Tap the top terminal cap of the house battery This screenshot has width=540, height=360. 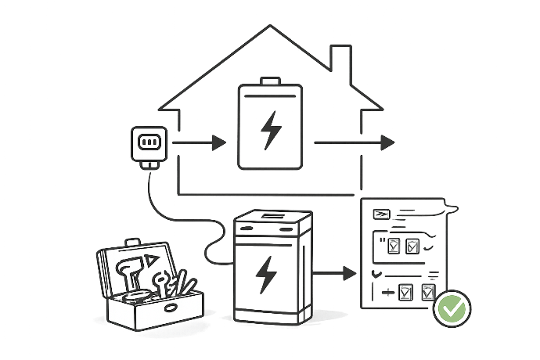[x=271, y=80]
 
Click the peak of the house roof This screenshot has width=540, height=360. [x=271, y=27]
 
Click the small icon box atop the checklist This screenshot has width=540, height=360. [x=380, y=214]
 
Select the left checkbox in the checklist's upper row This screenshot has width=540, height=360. [x=394, y=247]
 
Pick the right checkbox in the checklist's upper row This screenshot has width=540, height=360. [x=412, y=247]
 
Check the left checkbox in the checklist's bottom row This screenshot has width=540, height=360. [x=405, y=293]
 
